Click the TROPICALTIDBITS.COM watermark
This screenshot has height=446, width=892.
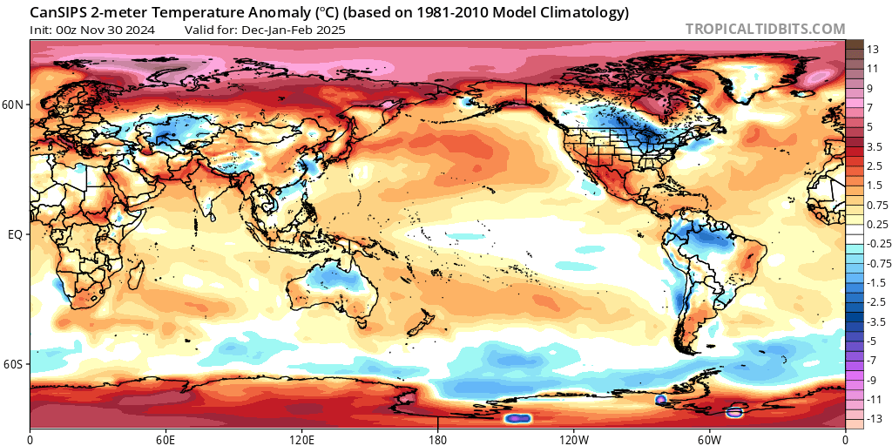tap(765, 29)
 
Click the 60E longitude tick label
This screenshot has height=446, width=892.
tap(166, 437)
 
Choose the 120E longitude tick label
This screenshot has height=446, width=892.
tap(301, 437)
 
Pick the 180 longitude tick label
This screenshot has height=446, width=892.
tap(437, 437)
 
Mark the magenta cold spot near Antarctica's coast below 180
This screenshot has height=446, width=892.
tap(518, 418)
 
